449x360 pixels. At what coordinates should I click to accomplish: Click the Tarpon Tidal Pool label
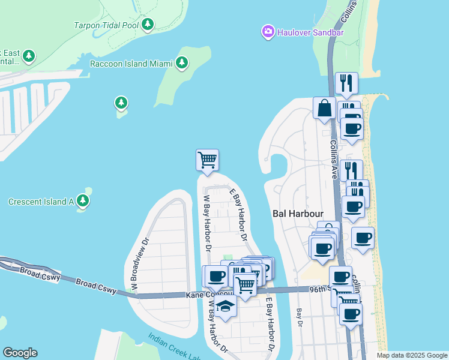coord(106,25)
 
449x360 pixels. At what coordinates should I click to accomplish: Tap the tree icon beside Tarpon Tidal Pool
coord(148,25)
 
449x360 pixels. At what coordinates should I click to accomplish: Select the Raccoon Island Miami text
coord(130,64)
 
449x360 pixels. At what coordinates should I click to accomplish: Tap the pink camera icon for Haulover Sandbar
coord(268,31)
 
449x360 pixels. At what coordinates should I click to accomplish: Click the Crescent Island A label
coord(41,202)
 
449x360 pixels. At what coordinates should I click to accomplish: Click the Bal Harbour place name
coord(298,214)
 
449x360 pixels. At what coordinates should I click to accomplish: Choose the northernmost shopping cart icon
coord(207,160)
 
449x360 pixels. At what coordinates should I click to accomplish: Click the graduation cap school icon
coord(225,305)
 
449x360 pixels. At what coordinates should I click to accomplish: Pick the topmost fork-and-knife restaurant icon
coord(346,83)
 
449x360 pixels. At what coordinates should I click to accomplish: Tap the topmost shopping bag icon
coord(324,108)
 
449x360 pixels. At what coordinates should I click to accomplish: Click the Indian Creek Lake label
coord(175,343)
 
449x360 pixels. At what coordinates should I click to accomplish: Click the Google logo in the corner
coord(20,353)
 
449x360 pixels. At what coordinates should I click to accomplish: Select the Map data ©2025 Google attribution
coord(411,355)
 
